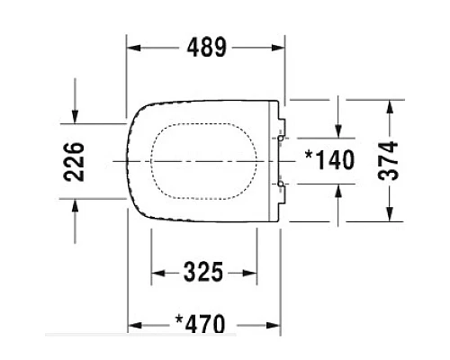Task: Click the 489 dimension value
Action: tap(206, 48)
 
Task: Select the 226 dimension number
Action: tap(74, 162)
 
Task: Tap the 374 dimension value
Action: tap(388, 160)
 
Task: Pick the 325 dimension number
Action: tap(203, 272)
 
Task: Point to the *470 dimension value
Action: tap(200, 324)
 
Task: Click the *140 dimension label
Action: tap(329, 159)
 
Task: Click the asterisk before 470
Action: tap(179, 319)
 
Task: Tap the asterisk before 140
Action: tap(309, 155)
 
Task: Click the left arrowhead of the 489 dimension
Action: tap(134, 48)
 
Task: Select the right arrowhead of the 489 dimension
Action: tap(278, 48)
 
